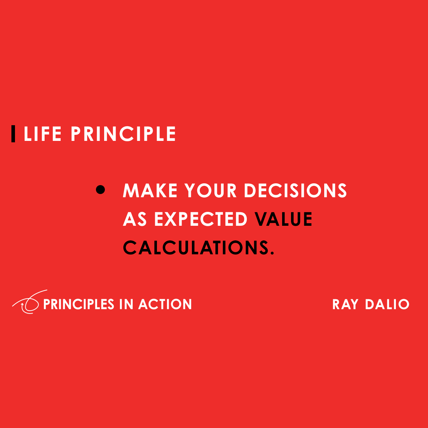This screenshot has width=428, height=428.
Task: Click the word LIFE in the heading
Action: tap(42, 134)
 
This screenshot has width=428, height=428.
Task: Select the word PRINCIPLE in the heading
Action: tap(123, 134)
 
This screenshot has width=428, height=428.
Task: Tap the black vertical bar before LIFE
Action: tap(13, 134)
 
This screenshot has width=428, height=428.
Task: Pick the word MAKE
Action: tap(150, 191)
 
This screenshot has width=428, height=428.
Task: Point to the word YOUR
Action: tap(211, 191)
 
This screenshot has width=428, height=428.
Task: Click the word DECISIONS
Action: tap(295, 191)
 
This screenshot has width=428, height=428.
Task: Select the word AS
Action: tap(135, 219)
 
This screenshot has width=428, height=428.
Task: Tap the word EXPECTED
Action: tap(201, 219)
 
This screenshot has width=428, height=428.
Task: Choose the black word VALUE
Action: tap(284, 219)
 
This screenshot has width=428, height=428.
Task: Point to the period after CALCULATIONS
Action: tap(272, 253)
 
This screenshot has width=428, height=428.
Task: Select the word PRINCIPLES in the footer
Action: tap(78, 304)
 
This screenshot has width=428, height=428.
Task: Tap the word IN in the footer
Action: tap(126, 304)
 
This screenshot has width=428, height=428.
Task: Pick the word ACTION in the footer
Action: tap(165, 304)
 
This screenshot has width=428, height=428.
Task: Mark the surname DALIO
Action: tap(387, 305)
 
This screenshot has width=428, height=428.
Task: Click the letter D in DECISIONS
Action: tap(250, 191)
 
